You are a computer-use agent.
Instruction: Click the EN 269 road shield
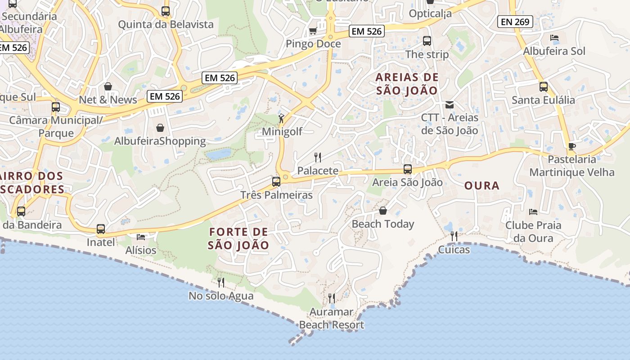[516, 21]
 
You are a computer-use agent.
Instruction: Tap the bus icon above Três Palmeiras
[276, 182]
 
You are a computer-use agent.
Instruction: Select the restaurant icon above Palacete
[318, 157]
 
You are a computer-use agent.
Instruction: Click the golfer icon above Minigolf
[281, 118]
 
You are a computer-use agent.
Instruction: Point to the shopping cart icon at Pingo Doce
[313, 31]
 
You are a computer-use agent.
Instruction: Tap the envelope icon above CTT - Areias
[449, 105]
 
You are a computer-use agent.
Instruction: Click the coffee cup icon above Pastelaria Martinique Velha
[571, 146]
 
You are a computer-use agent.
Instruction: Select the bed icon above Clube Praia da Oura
[533, 211]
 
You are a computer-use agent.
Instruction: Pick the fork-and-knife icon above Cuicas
[454, 236]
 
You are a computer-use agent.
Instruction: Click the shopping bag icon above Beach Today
[383, 211]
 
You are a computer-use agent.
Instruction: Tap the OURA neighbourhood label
[481, 185]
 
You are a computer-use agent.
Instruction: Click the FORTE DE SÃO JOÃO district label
[238, 238]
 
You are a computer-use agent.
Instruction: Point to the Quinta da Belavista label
[166, 24]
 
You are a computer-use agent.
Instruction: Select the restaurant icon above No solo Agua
[221, 283]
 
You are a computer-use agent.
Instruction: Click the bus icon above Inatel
[101, 229]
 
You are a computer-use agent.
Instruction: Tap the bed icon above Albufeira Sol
[554, 38]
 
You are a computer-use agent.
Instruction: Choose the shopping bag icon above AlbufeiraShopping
[160, 128]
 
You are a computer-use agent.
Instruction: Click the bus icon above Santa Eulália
[544, 86]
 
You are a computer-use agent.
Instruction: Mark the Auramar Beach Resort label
[332, 318]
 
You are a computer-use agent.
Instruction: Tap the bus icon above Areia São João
[408, 169]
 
